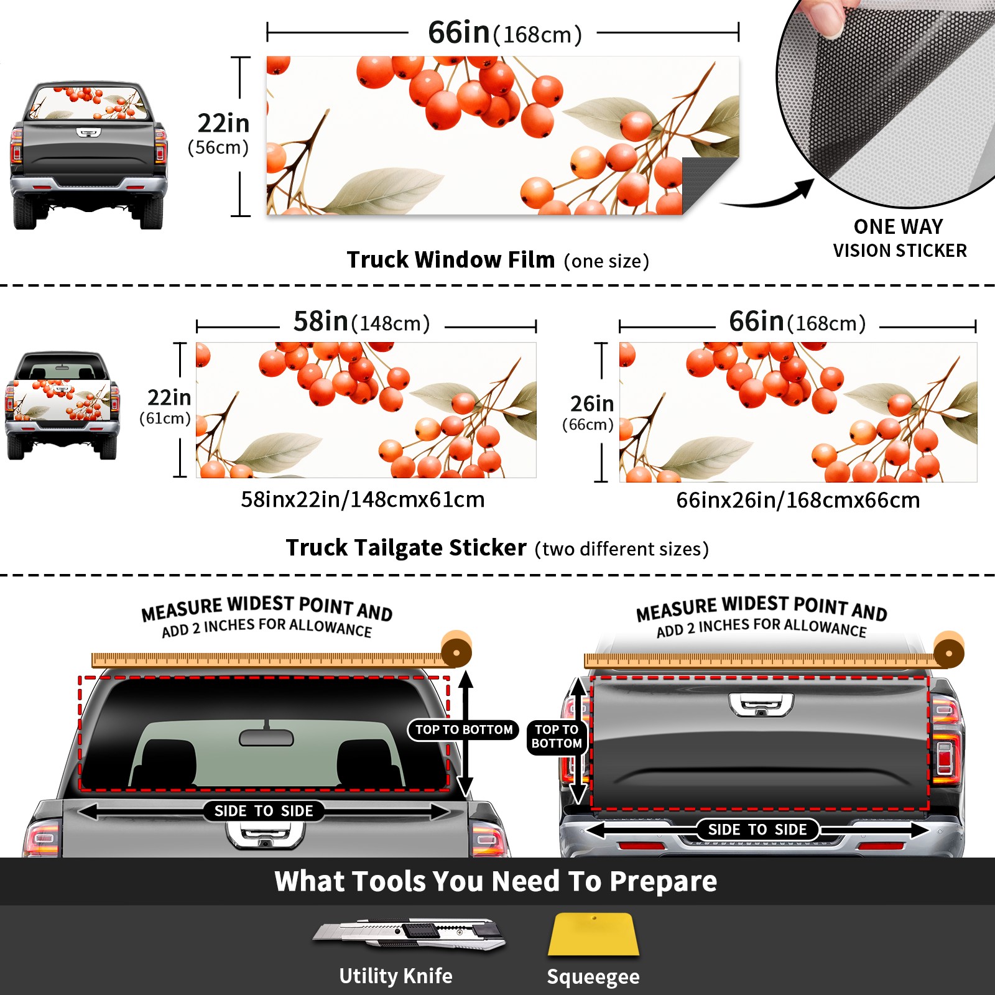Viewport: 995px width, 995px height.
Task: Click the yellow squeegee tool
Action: (593, 934)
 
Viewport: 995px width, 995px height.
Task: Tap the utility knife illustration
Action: (409, 933)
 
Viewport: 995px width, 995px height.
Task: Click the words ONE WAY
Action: (898, 226)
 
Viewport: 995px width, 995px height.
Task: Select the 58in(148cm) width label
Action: (362, 322)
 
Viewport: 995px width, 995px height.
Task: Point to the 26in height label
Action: (592, 404)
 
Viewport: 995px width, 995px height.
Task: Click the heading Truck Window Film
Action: (451, 259)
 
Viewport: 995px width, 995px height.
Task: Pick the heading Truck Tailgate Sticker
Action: (406, 548)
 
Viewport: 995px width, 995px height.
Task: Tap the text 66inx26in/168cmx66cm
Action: (798, 500)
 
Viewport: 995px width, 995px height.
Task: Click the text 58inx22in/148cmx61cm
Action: (363, 499)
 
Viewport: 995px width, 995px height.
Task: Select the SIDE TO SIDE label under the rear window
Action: (264, 811)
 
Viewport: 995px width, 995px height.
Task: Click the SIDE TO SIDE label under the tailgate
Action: (757, 830)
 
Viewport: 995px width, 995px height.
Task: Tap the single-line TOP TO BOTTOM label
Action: (464, 729)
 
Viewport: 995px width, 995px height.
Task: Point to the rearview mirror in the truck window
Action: (266, 737)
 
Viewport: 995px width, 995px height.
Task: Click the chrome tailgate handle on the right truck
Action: (761, 705)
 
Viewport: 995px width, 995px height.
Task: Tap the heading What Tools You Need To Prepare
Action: (496, 881)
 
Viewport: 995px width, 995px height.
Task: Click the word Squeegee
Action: (593, 976)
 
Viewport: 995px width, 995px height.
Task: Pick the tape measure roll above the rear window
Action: (456, 650)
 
